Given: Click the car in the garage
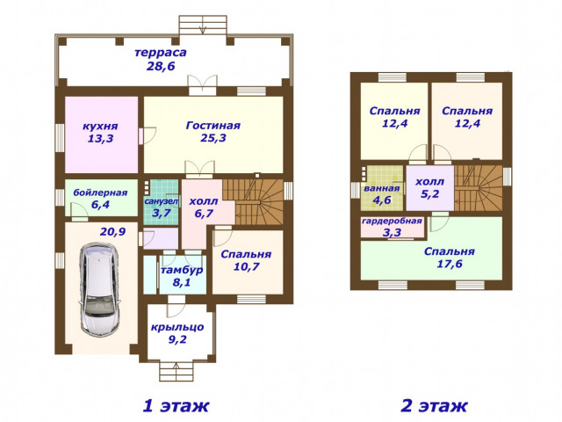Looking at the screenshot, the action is pyautogui.click(x=99, y=289).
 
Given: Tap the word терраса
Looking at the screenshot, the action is pyautogui.click(x=161, y=53).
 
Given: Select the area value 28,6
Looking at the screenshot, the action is pyautogui.click(x=161, y=66).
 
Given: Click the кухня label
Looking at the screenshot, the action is pyautogui.click(x=100, y=127).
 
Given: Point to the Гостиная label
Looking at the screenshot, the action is pyautogui.click(x=213, y=126).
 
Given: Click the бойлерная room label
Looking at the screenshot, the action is pyautogui.click(x=100, y=193).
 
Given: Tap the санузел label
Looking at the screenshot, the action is pyautogui.click(x=161, y=201).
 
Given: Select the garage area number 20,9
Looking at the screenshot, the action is pyautogui.click(x=112, y=232).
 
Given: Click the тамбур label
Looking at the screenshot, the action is pyautogui.click(x=182, y=270).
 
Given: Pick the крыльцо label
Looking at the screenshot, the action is pyautogui.click(x=177, y=327).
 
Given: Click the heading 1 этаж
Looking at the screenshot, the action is pyautogui.click(x=176, y=406).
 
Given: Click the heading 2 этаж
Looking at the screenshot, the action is pyautogui.click(x=434, y=406).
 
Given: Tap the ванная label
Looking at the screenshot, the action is pyautogui.click(x=382, y=188).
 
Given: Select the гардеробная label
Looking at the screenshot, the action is pyautogui.click(x=392, y=221).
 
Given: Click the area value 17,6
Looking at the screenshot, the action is pyautogui.click(x=450, y=264).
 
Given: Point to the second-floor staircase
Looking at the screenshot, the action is pyautogui.click(x=478, y=188).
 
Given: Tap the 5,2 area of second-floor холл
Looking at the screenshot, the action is pyautogui.click(x=429, y=194).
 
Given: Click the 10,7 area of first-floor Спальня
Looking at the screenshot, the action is pyautogui.click(x=246, y=266).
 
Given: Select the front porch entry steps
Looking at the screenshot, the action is pyautogui.click(x=177, y=371).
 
